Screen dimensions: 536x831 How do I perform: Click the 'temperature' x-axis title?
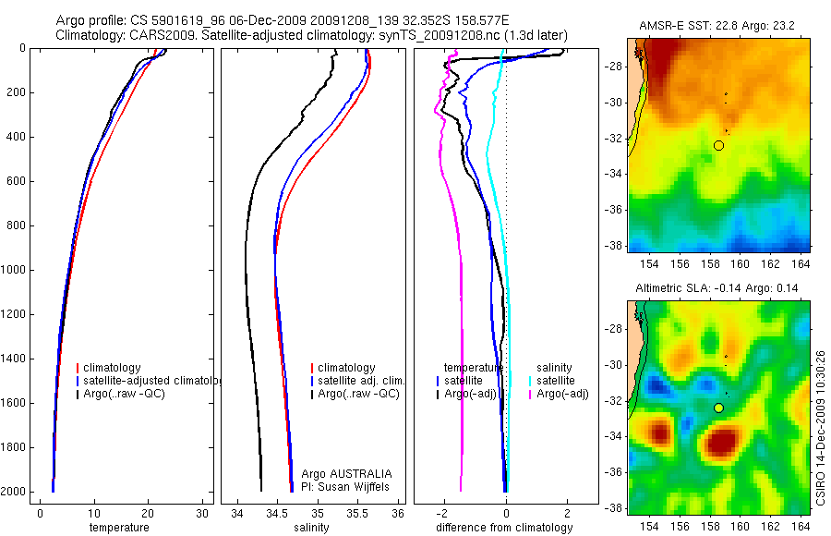(x=118, y=528)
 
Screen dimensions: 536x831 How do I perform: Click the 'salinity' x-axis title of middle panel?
(x=309, y=528)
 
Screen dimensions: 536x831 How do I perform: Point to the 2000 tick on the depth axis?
(x=16, y=492)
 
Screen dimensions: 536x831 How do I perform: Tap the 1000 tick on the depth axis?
(x=16, y=270)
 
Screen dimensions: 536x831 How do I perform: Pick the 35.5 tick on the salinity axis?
(x=358, y=514)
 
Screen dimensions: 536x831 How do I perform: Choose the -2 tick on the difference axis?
(x=444, y=514)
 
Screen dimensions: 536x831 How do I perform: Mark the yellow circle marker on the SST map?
(x=719, y=145)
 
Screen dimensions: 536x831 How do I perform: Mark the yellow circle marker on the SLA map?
(x=719, y=408)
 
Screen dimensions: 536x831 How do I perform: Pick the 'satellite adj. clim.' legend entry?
(x=361, y=381)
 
